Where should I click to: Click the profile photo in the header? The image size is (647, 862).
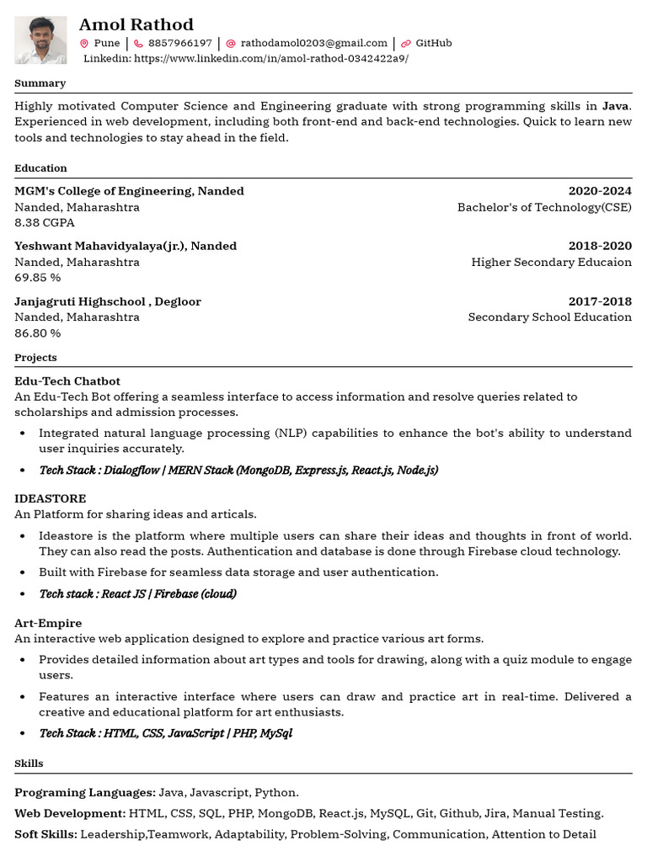click(40, 40)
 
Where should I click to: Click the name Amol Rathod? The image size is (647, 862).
click(136, 24)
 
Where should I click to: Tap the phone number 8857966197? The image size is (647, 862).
click(179, 43)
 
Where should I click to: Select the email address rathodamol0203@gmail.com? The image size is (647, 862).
click(313, 43)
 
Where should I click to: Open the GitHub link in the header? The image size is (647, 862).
click(433, 43)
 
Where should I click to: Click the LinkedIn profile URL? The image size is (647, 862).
click(270, 59)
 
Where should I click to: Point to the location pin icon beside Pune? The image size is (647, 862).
click(84, 44)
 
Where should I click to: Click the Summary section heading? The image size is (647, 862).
click(40, 83)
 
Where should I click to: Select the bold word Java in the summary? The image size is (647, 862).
click(615, 106)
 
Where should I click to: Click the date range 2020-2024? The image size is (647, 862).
click(599, 191)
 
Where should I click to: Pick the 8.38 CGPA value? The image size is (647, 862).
click(45, 223)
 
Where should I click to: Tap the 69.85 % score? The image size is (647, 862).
click(38, 278)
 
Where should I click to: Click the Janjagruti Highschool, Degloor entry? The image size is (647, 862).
click(108, 301)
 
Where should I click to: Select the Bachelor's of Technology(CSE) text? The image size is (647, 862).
click(543, 207)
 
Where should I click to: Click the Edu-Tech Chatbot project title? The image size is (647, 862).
click(67, 381)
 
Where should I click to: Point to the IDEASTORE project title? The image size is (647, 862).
click(51, 499)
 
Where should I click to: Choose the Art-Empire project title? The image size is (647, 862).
click(48, 623)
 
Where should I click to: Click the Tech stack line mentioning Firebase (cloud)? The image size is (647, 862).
click(137, 594)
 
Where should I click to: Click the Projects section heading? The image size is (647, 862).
click(35, 358)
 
